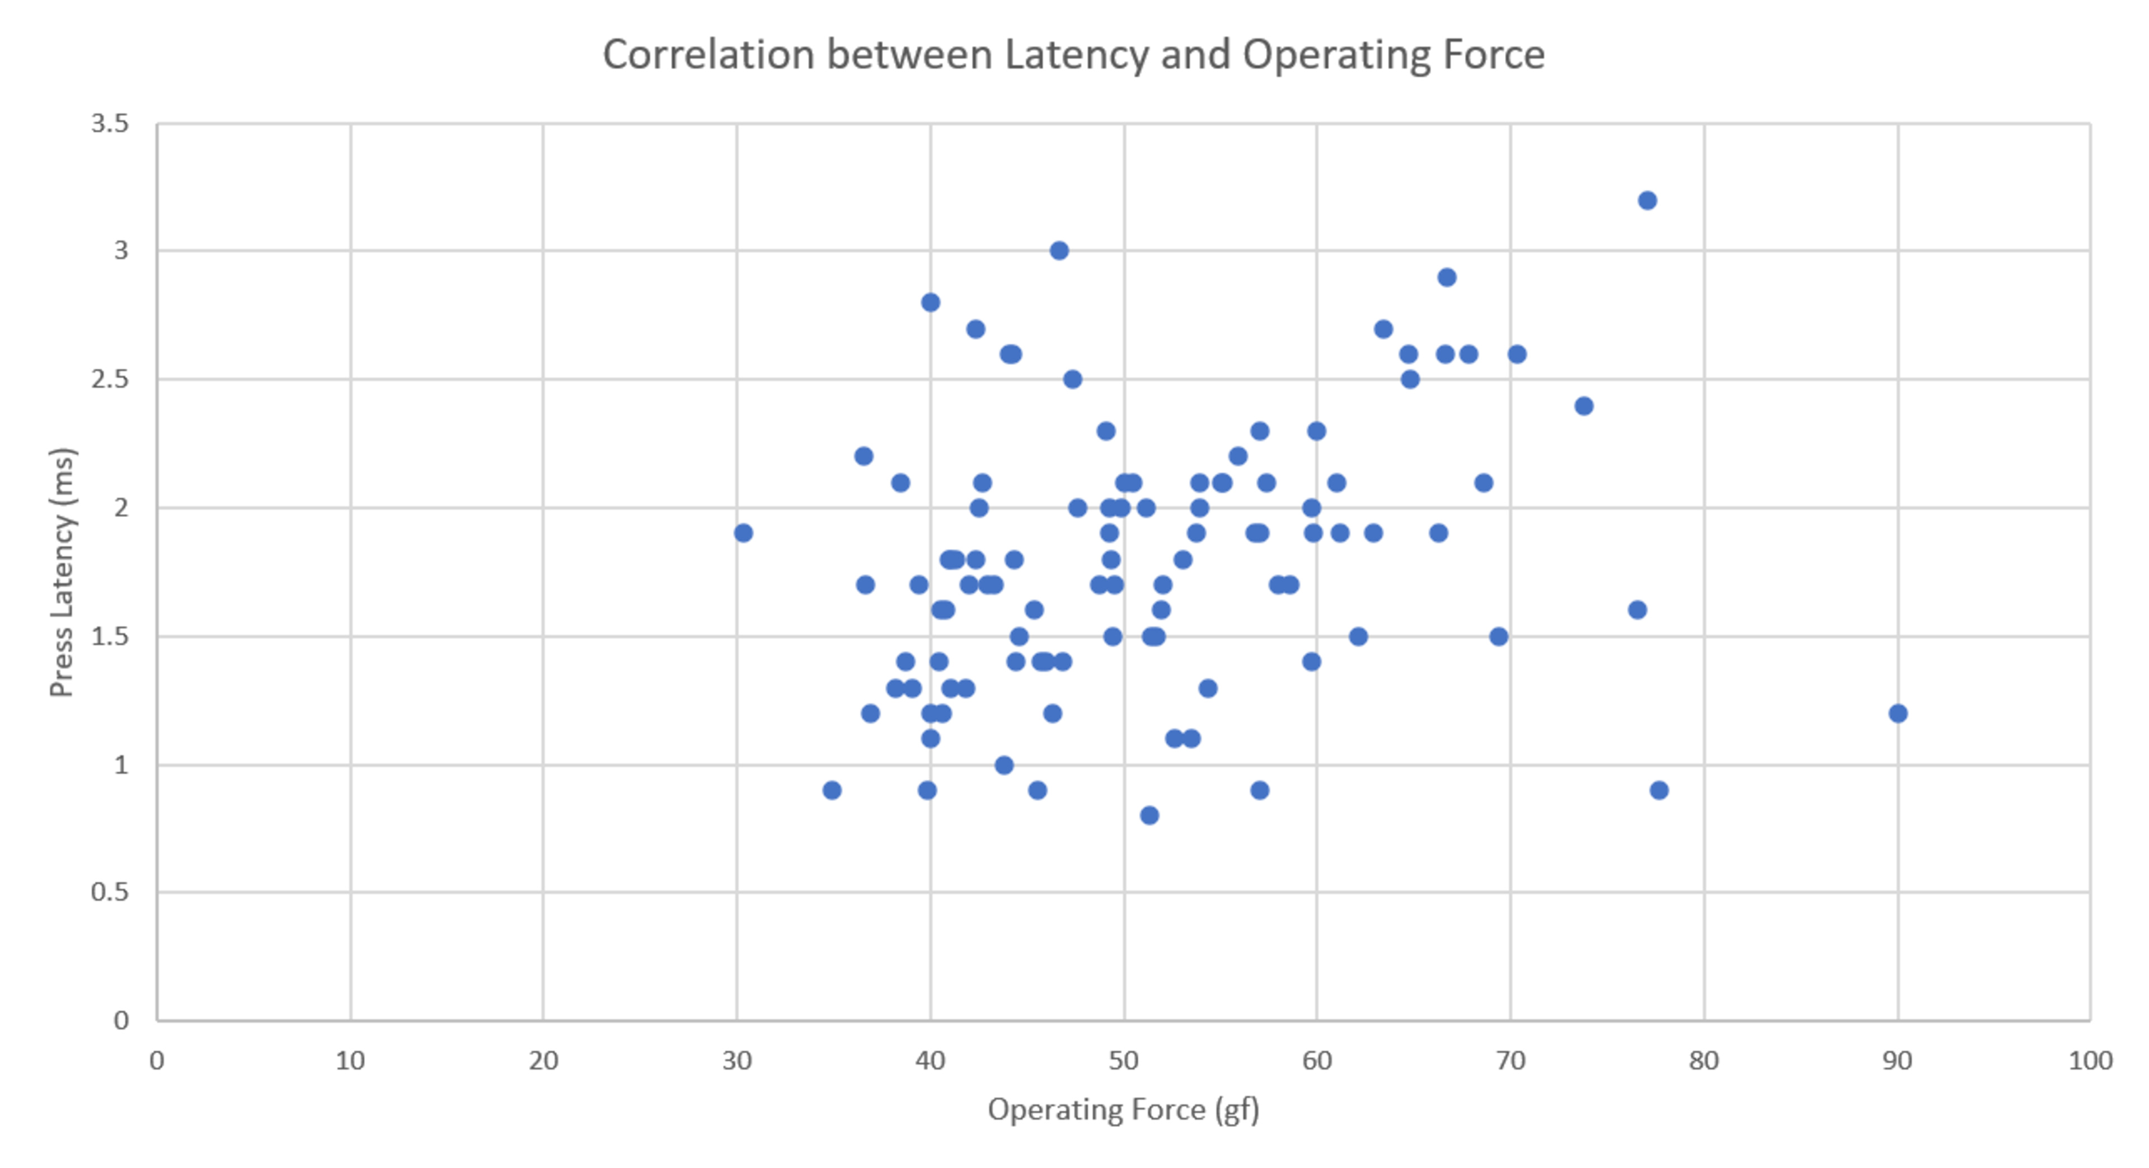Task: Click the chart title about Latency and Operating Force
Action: tap(1074, 55)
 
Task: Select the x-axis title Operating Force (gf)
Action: tap(1123, 1110)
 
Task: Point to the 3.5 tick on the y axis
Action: tap(110, 124)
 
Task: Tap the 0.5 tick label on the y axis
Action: tap(110, 892)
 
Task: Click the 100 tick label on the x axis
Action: tap(2090, 1061)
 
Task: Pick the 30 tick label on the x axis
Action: tap(736, 1061)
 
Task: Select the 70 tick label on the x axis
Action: tap(1510, 1061)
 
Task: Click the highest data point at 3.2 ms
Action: tap(1647, 200)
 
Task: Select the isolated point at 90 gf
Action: tap(1898, 714)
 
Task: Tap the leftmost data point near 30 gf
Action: tap(743, 533)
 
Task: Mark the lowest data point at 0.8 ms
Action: tap(1149, 815)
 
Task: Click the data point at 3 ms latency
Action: tap(1059, 250)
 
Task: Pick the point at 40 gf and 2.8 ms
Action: tap(930, 302)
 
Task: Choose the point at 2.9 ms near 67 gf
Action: tap(1447, 277)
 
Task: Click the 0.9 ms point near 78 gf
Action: tap(1658, 790)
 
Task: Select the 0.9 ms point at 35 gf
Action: tap(832, 790)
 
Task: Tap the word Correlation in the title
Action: tap(708, 55)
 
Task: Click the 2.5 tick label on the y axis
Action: tap(110, 379)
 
